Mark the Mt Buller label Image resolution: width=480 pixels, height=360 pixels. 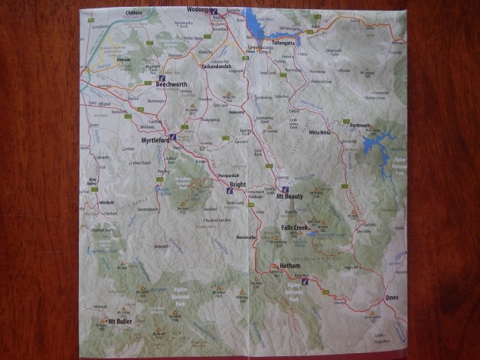(120, 321)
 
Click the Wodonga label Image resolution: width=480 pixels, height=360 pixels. (198, 10)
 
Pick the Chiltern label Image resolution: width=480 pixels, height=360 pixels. (134, 12)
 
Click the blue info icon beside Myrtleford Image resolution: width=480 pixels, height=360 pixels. (175, 138)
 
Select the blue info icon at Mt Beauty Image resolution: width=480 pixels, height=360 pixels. (285, 188)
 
